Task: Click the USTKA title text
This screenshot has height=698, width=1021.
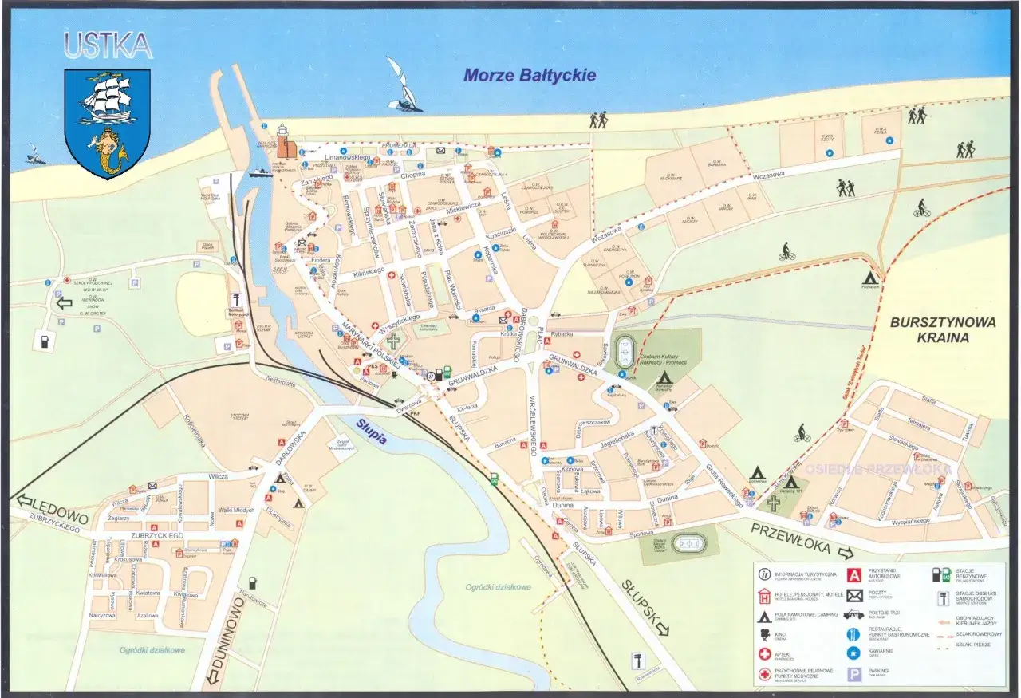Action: coord(108,47)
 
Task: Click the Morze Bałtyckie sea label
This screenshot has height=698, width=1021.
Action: coord(530,76)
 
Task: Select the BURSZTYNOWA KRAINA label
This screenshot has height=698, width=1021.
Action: coord(932,329)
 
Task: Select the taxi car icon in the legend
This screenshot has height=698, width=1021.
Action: coord(853,615)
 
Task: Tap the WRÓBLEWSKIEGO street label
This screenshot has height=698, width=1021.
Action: coord(532,424)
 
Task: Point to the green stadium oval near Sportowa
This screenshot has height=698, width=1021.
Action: coord(690,544)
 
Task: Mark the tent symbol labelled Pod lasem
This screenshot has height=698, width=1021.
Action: coord(870,277)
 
